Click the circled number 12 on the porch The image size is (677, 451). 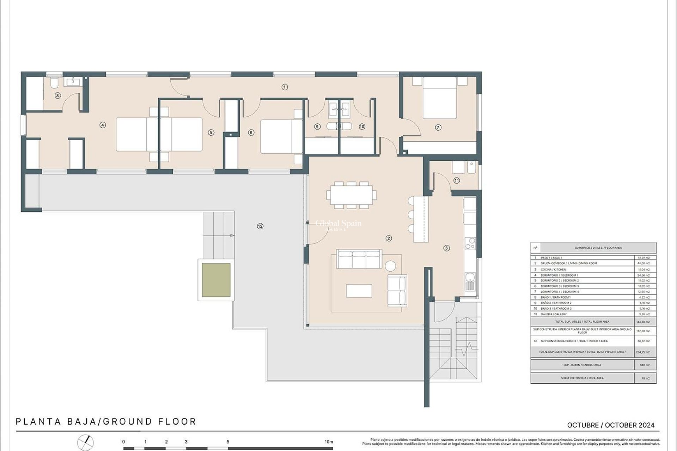(x=260, y=226)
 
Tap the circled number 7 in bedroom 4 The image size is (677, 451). (x=438, y=128)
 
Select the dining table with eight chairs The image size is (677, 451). (x=351, y=195)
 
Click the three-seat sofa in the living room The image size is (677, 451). (x=359, y=259)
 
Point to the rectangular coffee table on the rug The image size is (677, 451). (x=359, y=291)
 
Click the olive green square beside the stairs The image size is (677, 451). (x=216, y=280)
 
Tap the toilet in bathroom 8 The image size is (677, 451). (x=54, y=83)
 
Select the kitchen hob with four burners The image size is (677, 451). (x=470, y=243)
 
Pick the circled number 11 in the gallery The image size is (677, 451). (x=457, y=180)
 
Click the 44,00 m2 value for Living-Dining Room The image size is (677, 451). (x=644, y=263)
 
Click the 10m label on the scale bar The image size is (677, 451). (x=329, y=441)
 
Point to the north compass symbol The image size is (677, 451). (x=86, y=442)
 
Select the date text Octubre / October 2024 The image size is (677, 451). (x=611, y=425)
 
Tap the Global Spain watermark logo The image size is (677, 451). (x=338, y=224)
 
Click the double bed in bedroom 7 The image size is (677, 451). (x=440, y=99)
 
